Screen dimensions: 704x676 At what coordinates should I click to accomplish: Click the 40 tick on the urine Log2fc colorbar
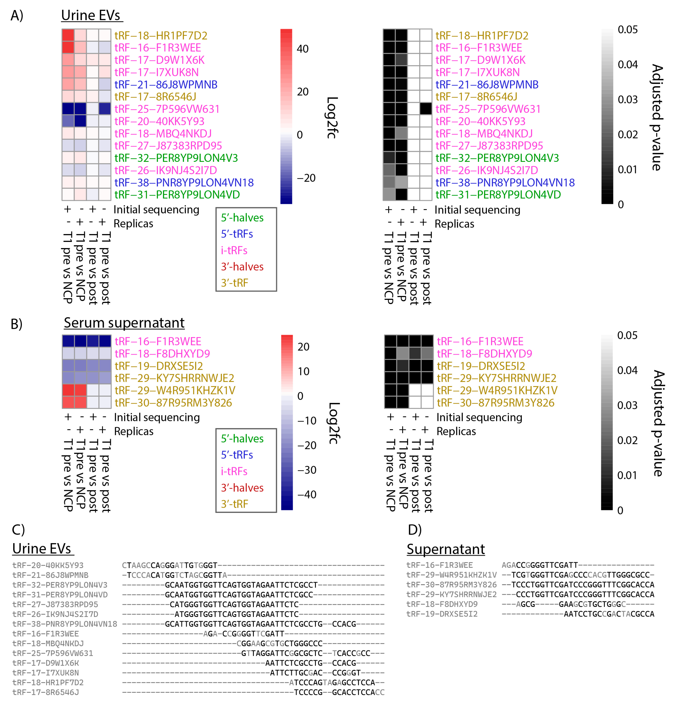click(302, 49)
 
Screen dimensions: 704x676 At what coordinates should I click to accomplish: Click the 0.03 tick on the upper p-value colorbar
click(628, 100)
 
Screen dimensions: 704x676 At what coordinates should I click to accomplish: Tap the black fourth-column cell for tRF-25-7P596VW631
click(426, 109)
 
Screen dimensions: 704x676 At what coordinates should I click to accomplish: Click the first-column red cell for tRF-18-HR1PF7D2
click(68, 35)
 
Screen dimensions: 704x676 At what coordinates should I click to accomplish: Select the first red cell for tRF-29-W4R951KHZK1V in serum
click(68, 390)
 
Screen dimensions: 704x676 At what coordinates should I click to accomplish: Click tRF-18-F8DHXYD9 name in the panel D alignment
click(442, 604)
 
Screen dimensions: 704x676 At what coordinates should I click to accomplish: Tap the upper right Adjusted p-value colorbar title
click(657, 117)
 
